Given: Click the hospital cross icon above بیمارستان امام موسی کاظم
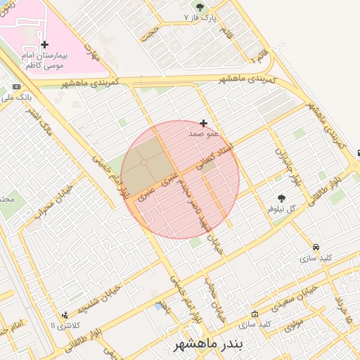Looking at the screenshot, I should pos(44,44).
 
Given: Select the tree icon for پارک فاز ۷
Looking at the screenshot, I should pos(200,7).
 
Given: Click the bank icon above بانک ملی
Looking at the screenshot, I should pos(16,87).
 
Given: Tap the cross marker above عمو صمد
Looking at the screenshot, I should pos(204,123).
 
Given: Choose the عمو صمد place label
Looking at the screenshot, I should pos(204,133).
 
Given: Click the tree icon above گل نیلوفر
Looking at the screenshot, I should pos(282,198).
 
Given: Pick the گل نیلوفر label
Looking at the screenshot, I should pos(282,209).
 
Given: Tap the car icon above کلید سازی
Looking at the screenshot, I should pos(316,247).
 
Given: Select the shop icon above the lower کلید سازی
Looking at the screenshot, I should pos(255,314).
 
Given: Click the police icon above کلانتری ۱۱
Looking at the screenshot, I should pos(65,314).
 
